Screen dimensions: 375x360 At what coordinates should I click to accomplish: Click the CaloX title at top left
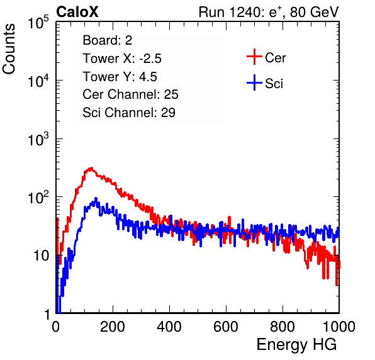click(x=77, y=12)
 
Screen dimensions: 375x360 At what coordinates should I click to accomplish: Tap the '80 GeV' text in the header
click(x=314, y=12)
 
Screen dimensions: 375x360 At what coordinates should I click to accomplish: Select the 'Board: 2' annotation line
click(x=108, y=40)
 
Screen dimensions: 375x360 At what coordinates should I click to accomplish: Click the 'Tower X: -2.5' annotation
click(x=122, y=59)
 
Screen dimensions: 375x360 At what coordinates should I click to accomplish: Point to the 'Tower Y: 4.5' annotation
click(x=120, y=77)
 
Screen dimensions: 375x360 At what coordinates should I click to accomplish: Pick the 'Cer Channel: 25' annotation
click(x=130, y=94)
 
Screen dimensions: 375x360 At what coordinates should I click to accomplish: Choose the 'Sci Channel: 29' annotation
click(x=129, y=113)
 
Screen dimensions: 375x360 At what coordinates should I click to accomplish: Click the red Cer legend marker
click(x=254, y=57)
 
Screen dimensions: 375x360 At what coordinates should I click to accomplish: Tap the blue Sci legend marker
click(x=254, y=82)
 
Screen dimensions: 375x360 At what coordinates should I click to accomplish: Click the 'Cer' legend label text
click(x=275, y=58)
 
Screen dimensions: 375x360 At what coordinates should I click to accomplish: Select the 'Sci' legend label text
click(x=274, y=84)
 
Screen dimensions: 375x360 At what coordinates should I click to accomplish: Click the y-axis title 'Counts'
click(x=9, y=49)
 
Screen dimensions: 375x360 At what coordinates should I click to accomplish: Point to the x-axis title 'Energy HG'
click(x=296, y=345)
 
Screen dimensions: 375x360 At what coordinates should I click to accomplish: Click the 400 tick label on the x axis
click(x=169, y=327)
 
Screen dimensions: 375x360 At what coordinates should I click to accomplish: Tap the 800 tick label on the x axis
click(x=283, y=327)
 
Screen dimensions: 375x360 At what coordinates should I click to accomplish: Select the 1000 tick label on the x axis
click(x=339, y=327)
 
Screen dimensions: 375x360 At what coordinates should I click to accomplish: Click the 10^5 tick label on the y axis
click(x=38, y=22)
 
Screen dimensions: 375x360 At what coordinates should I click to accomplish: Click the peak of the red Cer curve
click(x=91, y=168)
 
